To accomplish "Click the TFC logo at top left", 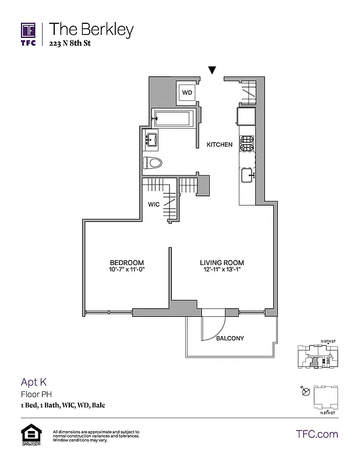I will coord(29,34).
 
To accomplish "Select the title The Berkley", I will coord(91,29).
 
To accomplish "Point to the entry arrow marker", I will coord(213,70).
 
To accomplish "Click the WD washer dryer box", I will coord(186,92).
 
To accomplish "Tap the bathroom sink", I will coord(152,140).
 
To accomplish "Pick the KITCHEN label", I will coord(220,144).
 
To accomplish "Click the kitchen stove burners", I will coord(248,144).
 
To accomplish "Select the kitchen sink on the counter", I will coord(247,174).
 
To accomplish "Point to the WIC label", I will coord(154,204).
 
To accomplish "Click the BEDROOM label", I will coord(126,263).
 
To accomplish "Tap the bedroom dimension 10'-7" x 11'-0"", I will coord(126,270).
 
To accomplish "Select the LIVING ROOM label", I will coord(222,263).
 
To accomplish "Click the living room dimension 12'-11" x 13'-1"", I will coord(222,270).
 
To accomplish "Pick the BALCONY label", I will coord(230,338).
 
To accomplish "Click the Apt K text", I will coord(34,382).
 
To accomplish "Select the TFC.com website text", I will coord(317,434).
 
